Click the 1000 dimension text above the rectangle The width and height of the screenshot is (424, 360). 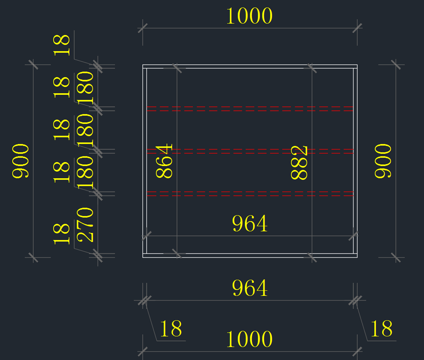click(x=249, y=16)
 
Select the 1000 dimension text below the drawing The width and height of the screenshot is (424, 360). click(x=249, y=339)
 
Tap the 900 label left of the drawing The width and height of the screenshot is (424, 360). click(x=20, y=161)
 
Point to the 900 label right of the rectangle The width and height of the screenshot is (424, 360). click(x=383, y=161)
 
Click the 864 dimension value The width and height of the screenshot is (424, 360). click(x=164, y=161)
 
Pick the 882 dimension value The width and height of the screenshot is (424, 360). click(x=300, y=163)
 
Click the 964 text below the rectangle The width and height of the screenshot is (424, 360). click(x=250, y=288)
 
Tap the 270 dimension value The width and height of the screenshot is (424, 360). click(x=86, y=225)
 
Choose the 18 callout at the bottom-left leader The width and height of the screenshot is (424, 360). click(x=171, y=329)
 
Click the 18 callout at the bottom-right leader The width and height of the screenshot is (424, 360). click(x=381, y=329)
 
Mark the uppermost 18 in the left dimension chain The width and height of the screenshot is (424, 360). click(x=62, y=45)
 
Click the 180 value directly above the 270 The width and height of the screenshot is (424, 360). click(x=86, y=172)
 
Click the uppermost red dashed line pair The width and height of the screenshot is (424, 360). click(x=250, y=108)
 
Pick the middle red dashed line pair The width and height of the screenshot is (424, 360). click(x=250, y=151)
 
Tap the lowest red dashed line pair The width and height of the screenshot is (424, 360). click(x=250, y=194)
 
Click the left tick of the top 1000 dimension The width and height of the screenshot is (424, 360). click(x=143, y=28)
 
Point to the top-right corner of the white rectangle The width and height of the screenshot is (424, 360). click(x=357, y=65)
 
